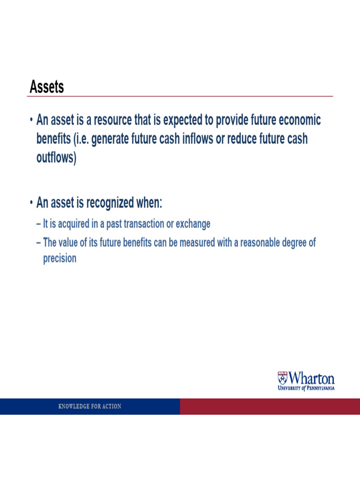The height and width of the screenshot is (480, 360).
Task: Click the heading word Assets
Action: point(47,87)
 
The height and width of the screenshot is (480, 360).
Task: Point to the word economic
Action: point(300,120)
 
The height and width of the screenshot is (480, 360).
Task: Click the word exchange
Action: point(193,224)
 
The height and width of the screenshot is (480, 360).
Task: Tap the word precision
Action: point(60,258)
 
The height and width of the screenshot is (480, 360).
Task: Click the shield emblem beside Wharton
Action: point(282,377)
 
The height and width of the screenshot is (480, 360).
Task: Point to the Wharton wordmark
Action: point(312,378)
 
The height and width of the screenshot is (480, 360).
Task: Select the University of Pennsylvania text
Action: point(306,388)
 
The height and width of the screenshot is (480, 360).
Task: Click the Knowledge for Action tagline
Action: point(90,406)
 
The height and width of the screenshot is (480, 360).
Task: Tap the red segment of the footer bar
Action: point(270,406)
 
